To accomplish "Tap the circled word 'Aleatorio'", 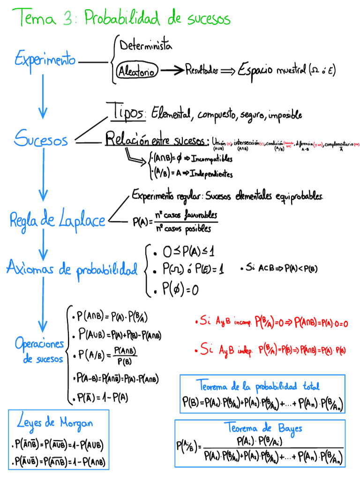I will [x=138, y=72].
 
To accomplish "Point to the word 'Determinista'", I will [x=146, y=46].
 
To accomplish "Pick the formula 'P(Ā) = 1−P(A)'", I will [x=101, y=398].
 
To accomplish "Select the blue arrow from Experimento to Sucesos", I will [x=43, y=96].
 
